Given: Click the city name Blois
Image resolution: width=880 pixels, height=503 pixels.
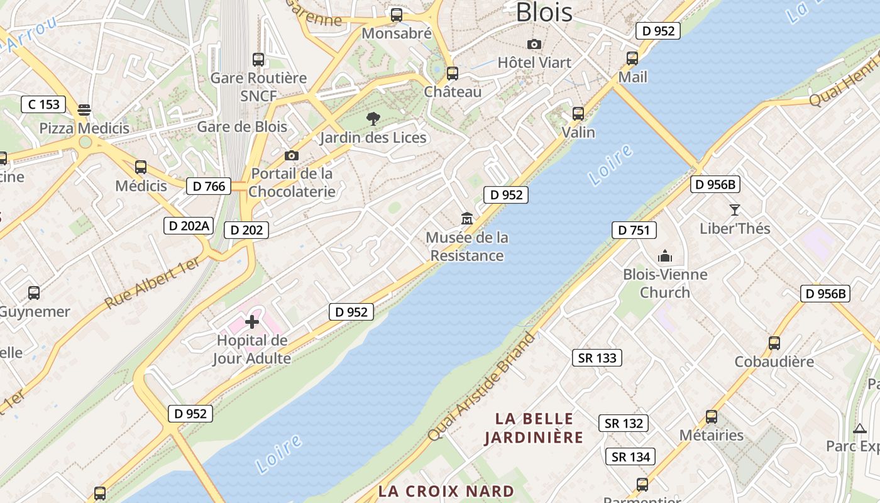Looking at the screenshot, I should coord(544,13).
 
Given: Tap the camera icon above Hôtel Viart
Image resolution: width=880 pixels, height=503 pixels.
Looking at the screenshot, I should coord(534,44).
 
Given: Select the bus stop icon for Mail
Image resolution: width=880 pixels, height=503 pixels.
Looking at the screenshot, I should coord(632,58).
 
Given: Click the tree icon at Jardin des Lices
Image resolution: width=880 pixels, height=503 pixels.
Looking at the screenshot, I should coord(373,118).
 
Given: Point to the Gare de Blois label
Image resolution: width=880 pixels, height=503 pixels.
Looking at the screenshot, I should coord(242,126).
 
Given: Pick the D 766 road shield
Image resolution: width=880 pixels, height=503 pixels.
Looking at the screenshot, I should coord(209,186).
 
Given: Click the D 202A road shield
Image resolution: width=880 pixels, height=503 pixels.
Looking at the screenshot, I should coord(188,226).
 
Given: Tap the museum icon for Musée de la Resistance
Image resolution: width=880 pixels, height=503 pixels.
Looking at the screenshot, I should coord(467,219).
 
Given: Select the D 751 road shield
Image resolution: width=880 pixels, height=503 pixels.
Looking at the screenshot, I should coord(634,230).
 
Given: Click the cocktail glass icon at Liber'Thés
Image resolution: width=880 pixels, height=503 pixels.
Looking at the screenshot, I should coord(734,210).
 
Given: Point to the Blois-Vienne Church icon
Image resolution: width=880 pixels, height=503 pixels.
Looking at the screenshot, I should coord(664,256).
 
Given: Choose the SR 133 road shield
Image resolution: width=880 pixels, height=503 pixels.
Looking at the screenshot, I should coord(597,358).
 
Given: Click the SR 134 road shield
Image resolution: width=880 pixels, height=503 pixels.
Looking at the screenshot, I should coord(630,456).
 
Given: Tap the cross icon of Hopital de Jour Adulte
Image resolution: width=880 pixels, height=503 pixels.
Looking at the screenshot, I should coord(252,323).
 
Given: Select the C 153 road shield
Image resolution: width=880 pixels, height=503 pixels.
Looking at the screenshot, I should coord(43,104).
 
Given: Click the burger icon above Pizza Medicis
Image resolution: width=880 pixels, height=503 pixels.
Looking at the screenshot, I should coord(84,111).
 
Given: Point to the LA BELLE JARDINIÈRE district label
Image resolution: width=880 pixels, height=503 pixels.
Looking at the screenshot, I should coord(534,428).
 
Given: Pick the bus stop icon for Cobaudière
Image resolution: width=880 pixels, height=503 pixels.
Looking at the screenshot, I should coord(774,343).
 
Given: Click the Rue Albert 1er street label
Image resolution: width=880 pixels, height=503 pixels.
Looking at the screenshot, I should coord(152,282).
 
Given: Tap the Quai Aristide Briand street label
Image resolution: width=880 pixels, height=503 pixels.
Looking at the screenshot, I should coord(482,386).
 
